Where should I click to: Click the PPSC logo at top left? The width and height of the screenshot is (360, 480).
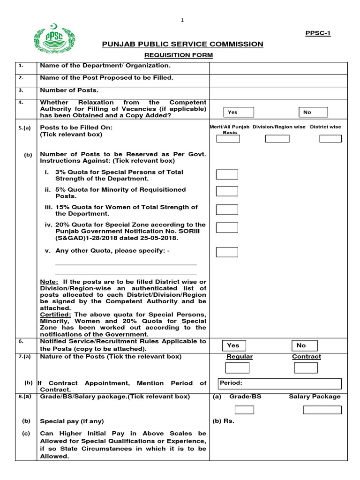click(52, 38)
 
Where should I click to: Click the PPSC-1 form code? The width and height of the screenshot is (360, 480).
click(318, 33)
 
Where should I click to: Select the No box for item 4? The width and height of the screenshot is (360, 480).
click(313, 112)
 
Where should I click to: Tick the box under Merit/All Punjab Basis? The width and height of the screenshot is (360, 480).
click(227, 138)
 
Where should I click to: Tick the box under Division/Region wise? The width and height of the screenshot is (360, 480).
click(277, 138)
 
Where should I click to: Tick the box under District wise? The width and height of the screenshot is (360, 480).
click(330, 138)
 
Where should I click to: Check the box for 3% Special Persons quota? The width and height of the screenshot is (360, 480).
click(227, 174)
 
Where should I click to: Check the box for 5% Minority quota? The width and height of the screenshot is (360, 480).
click(227, 191)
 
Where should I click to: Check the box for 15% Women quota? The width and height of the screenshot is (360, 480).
click(227, 209)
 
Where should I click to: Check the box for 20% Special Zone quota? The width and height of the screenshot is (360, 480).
click(227, 228)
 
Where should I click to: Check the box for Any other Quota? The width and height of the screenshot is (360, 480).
click(227, 252)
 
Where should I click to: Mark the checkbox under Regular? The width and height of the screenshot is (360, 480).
click(240, 367)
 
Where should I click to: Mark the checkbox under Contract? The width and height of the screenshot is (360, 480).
click(306, 367)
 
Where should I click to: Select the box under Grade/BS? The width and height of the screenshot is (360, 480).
click(244, 410)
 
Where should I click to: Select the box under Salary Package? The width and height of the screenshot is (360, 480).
click(322, 410)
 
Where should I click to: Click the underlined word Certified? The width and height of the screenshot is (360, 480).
click(56, 315)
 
